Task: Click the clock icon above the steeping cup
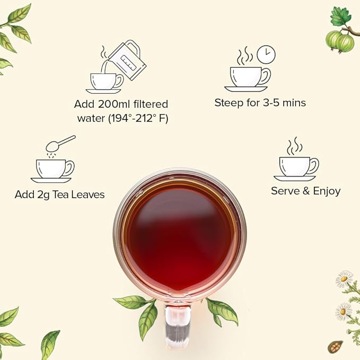pos(266,55)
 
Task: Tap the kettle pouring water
pos(127,60)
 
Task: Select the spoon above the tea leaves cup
pos(60,144)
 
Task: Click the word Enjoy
pos(327,191)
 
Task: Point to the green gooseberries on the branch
pos(339,42)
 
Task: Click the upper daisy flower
pos(344,278)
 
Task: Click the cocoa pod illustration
pos(335,346)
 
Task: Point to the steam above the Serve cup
pos(295,146)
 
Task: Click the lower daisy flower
pos(344,311)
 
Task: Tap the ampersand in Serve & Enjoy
pos(306,191)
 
